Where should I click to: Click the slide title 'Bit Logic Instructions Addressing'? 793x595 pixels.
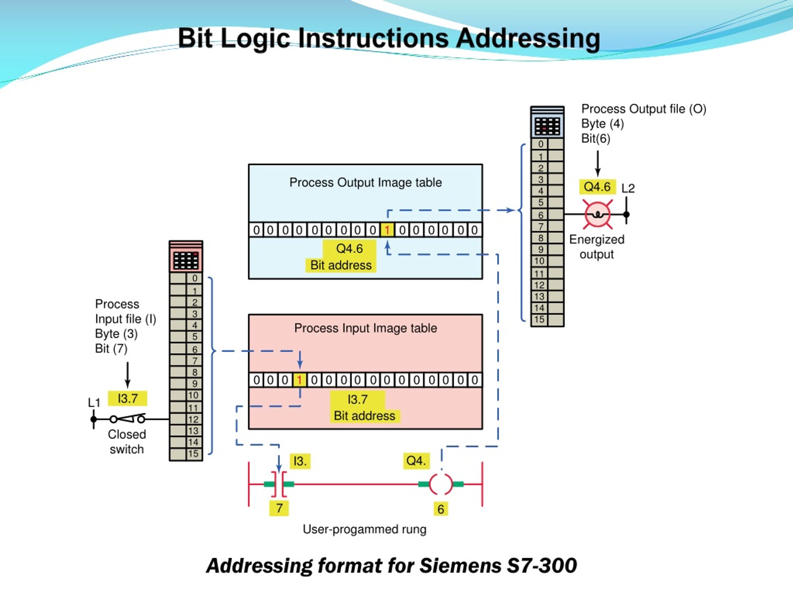[389, 38]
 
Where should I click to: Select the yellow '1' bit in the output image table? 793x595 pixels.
[387, 230]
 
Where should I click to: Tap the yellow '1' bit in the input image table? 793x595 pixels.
[299, 380]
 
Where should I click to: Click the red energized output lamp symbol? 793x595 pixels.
[598, 214]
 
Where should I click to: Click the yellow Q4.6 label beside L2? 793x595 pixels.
[597, 187]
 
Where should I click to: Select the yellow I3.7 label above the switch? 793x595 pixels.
[128, 398]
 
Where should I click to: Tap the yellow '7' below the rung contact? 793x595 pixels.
[279, 508]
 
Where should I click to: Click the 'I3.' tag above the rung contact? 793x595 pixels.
[300, 461]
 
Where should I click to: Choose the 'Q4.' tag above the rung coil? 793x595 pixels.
[416, 461]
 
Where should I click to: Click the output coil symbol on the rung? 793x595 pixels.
[441, 484]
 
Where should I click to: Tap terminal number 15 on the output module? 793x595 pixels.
[539, 319]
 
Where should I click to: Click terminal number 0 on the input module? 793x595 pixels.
[194, 278]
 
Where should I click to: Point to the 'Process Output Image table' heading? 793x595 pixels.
[365, 182]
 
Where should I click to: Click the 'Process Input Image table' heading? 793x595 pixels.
[365, 328]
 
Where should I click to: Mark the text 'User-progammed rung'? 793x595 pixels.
[364, 529]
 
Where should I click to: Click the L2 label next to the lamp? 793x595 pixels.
[628, 188]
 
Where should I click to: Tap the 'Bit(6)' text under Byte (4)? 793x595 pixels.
[595, 139]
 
